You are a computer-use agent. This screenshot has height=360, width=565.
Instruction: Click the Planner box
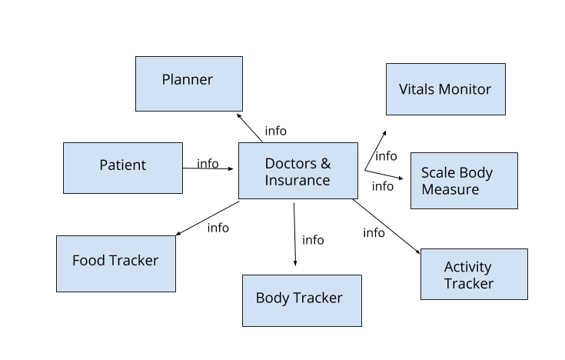(188, 83)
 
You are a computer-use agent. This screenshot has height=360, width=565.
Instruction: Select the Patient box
(123, 168)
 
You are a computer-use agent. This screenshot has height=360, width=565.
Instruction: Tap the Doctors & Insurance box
(297, 170)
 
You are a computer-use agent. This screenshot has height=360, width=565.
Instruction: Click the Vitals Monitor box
(445, 89)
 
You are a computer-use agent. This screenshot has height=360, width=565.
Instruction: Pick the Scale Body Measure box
(464, 181)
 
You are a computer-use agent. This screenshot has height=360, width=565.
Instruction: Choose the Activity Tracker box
(474, 274)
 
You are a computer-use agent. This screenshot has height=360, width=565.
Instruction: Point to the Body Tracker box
(301, 300)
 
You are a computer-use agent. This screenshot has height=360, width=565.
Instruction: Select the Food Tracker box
(115, 263)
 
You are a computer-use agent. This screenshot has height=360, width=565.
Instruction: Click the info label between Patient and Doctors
(208, 163)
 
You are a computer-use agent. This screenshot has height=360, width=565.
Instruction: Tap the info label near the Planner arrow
(275, 131)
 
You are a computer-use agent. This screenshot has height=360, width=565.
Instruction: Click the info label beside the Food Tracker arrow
(218, 227)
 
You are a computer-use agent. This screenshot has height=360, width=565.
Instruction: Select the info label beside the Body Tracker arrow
(313, 240)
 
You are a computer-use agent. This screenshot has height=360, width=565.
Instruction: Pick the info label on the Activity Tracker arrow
(374, 232)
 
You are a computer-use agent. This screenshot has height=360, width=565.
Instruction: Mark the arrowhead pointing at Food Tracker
(178, 234)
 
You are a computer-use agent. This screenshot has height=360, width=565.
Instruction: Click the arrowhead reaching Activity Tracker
(417, 251)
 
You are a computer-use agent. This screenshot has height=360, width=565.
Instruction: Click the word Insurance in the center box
(297, 180)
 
